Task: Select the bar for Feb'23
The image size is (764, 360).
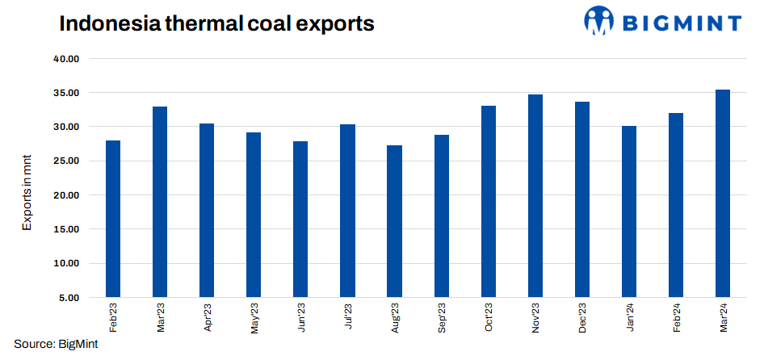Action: tap(113, 219)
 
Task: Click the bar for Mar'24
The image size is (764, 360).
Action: tap(723, 193)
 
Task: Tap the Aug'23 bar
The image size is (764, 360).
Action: tap(395, 221)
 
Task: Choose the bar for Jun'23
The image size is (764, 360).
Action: tap(300, 219)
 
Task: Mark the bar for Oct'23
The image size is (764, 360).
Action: tap(489, 201)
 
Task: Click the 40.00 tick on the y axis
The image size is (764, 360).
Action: tap(68, 59)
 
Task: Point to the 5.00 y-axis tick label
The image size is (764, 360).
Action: tap(71, 297)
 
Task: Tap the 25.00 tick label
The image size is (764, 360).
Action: tap(68, 161)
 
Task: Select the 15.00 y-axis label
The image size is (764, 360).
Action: tap(68, 229)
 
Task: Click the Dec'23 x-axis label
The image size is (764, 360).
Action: tap(583, 318)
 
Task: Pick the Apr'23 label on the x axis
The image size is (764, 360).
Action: tap(208, 318)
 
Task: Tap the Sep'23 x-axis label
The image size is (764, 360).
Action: tap(442, 318)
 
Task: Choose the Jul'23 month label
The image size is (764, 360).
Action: tap(348, 317)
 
